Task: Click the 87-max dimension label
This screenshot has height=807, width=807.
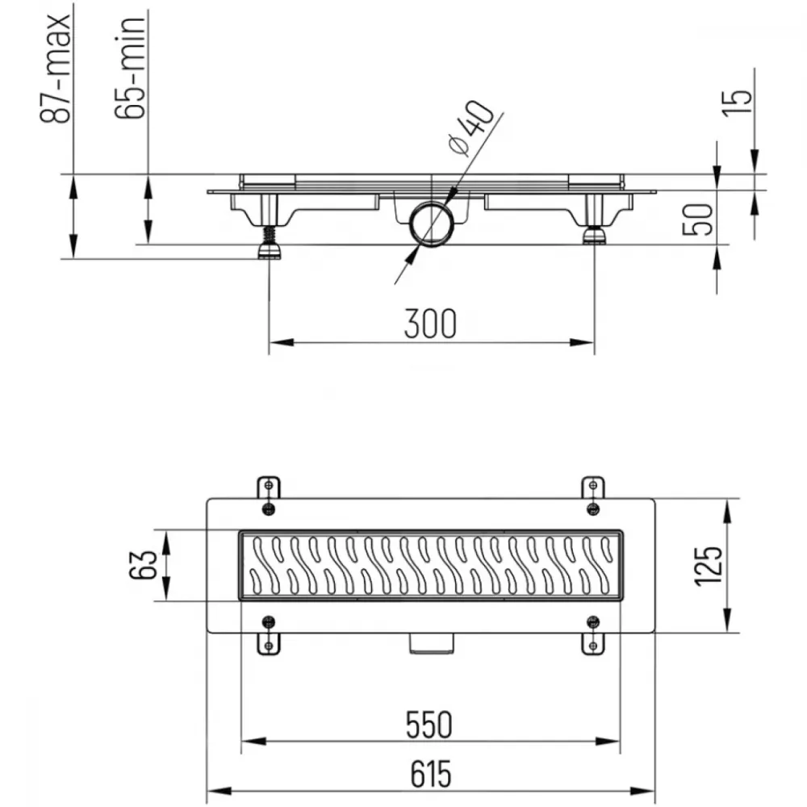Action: click(55, 69)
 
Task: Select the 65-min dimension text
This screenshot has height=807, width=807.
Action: click(130, 68)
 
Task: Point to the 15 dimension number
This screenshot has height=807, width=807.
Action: click(737, 103)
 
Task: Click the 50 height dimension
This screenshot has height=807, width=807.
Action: click(698, 219)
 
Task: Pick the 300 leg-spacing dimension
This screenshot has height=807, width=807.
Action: click(430, 324)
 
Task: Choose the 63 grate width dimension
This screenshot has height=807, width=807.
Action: click(143, 565)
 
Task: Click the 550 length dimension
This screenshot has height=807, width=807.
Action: click(429, 725)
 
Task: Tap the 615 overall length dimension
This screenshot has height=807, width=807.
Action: click(431, 774)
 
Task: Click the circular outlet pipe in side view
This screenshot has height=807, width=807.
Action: click(431, 224)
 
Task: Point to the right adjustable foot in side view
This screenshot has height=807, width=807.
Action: click(595, 235)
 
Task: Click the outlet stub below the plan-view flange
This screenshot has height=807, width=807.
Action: click(432, 643)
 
